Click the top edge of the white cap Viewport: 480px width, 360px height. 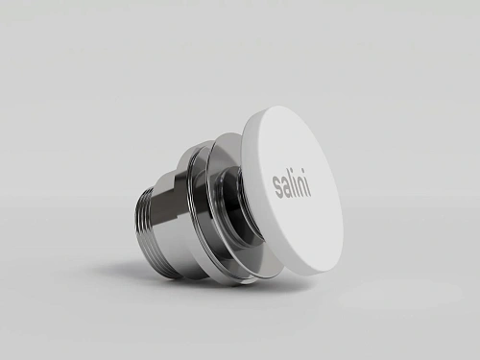(278, 109)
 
